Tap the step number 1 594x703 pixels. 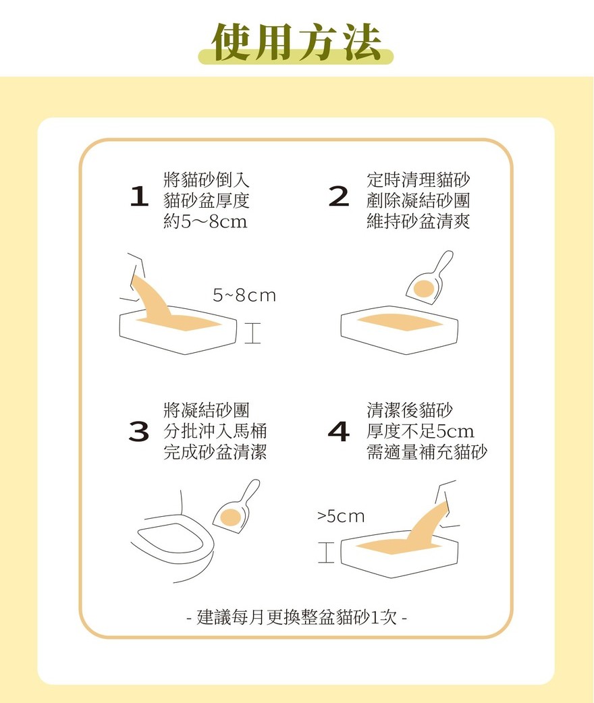139,197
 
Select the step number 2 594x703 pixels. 339,197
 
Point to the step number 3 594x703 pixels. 138,431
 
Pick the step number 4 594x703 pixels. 339,431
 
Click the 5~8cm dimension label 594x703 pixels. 244,296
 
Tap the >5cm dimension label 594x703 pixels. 341,516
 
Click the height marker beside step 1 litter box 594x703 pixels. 252,332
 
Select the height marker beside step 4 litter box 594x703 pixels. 326,552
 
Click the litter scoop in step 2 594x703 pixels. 429,279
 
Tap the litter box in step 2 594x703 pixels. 400,330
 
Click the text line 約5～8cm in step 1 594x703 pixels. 205,221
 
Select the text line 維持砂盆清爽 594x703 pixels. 418,221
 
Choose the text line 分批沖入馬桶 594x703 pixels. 215,431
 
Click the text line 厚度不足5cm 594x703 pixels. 420,431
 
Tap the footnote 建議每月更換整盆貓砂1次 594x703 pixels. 297,618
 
